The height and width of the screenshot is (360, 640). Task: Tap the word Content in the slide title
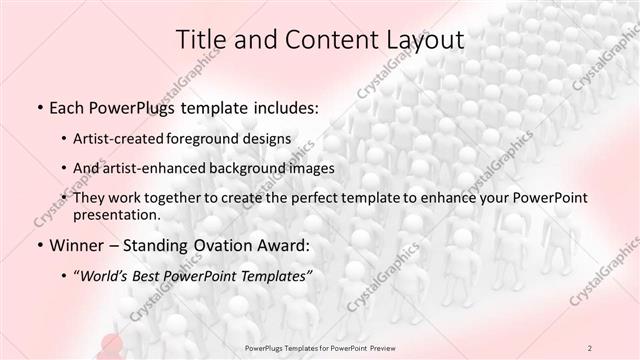322,40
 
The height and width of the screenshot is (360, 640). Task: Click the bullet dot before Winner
39,246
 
